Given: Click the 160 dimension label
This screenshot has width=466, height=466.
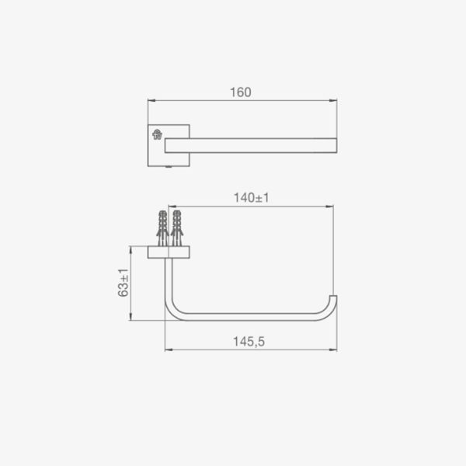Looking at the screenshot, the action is [x=241, y=92].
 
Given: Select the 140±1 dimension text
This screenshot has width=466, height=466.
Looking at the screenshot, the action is [x=252, y=198].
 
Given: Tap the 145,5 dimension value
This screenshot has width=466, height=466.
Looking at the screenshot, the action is [x=249, y=342].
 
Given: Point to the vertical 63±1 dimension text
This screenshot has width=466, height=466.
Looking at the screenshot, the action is [x=123, y=283].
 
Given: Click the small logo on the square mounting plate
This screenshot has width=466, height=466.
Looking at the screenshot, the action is [x=157, y=134].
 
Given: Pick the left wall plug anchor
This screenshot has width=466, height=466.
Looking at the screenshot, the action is [x=162, y=228].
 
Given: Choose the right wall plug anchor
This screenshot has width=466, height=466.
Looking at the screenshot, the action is [x=176, y=228].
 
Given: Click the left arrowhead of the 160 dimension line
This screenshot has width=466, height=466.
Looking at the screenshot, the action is [x=151, y=101].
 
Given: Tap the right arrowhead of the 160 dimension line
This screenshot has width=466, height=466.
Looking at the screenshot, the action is [x=333, y=101].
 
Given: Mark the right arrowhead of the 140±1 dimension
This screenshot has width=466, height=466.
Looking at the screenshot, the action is [x=329, y=207].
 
